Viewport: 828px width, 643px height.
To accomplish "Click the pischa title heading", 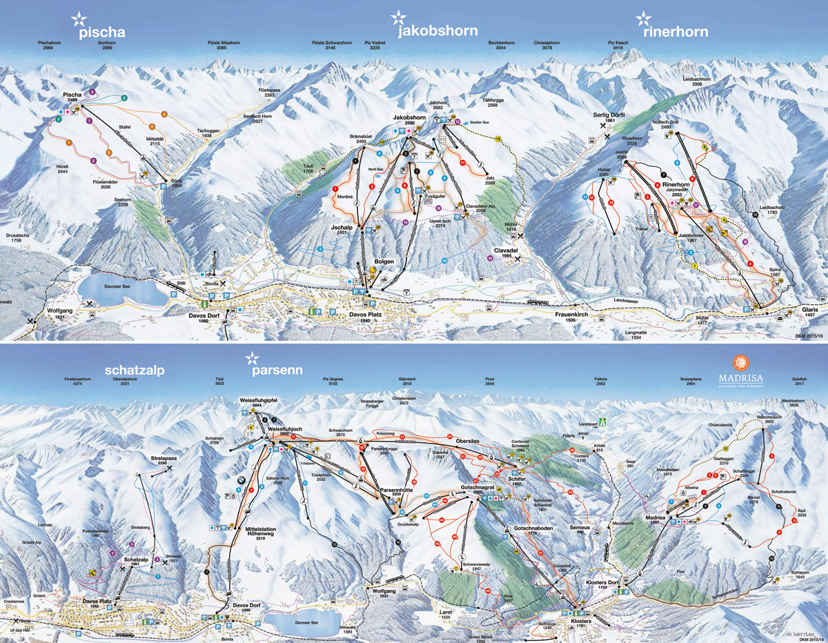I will (101, 32).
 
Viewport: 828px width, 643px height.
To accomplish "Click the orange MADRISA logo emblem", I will (741, 362).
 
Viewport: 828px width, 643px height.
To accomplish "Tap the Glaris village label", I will (814, 311).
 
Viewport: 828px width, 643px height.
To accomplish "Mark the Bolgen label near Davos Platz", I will (384, 262).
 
